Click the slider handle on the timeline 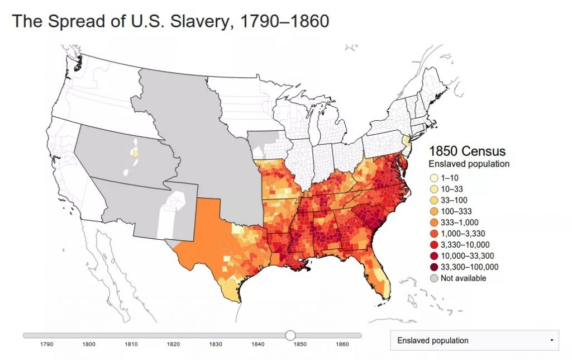[290, 335]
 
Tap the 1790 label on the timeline [47, 344]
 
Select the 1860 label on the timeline [342, 344]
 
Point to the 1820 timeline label [173, 344]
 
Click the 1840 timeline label [258, 344]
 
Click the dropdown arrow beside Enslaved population [552, 340]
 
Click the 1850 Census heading [467, 151]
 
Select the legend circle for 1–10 [434, 178]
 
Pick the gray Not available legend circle [434, 278]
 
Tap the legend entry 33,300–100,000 [469, 267]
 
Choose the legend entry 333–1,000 [460, 222]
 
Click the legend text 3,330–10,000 [465, 244]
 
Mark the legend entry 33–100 [454, 200]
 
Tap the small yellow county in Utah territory [134, 151]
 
